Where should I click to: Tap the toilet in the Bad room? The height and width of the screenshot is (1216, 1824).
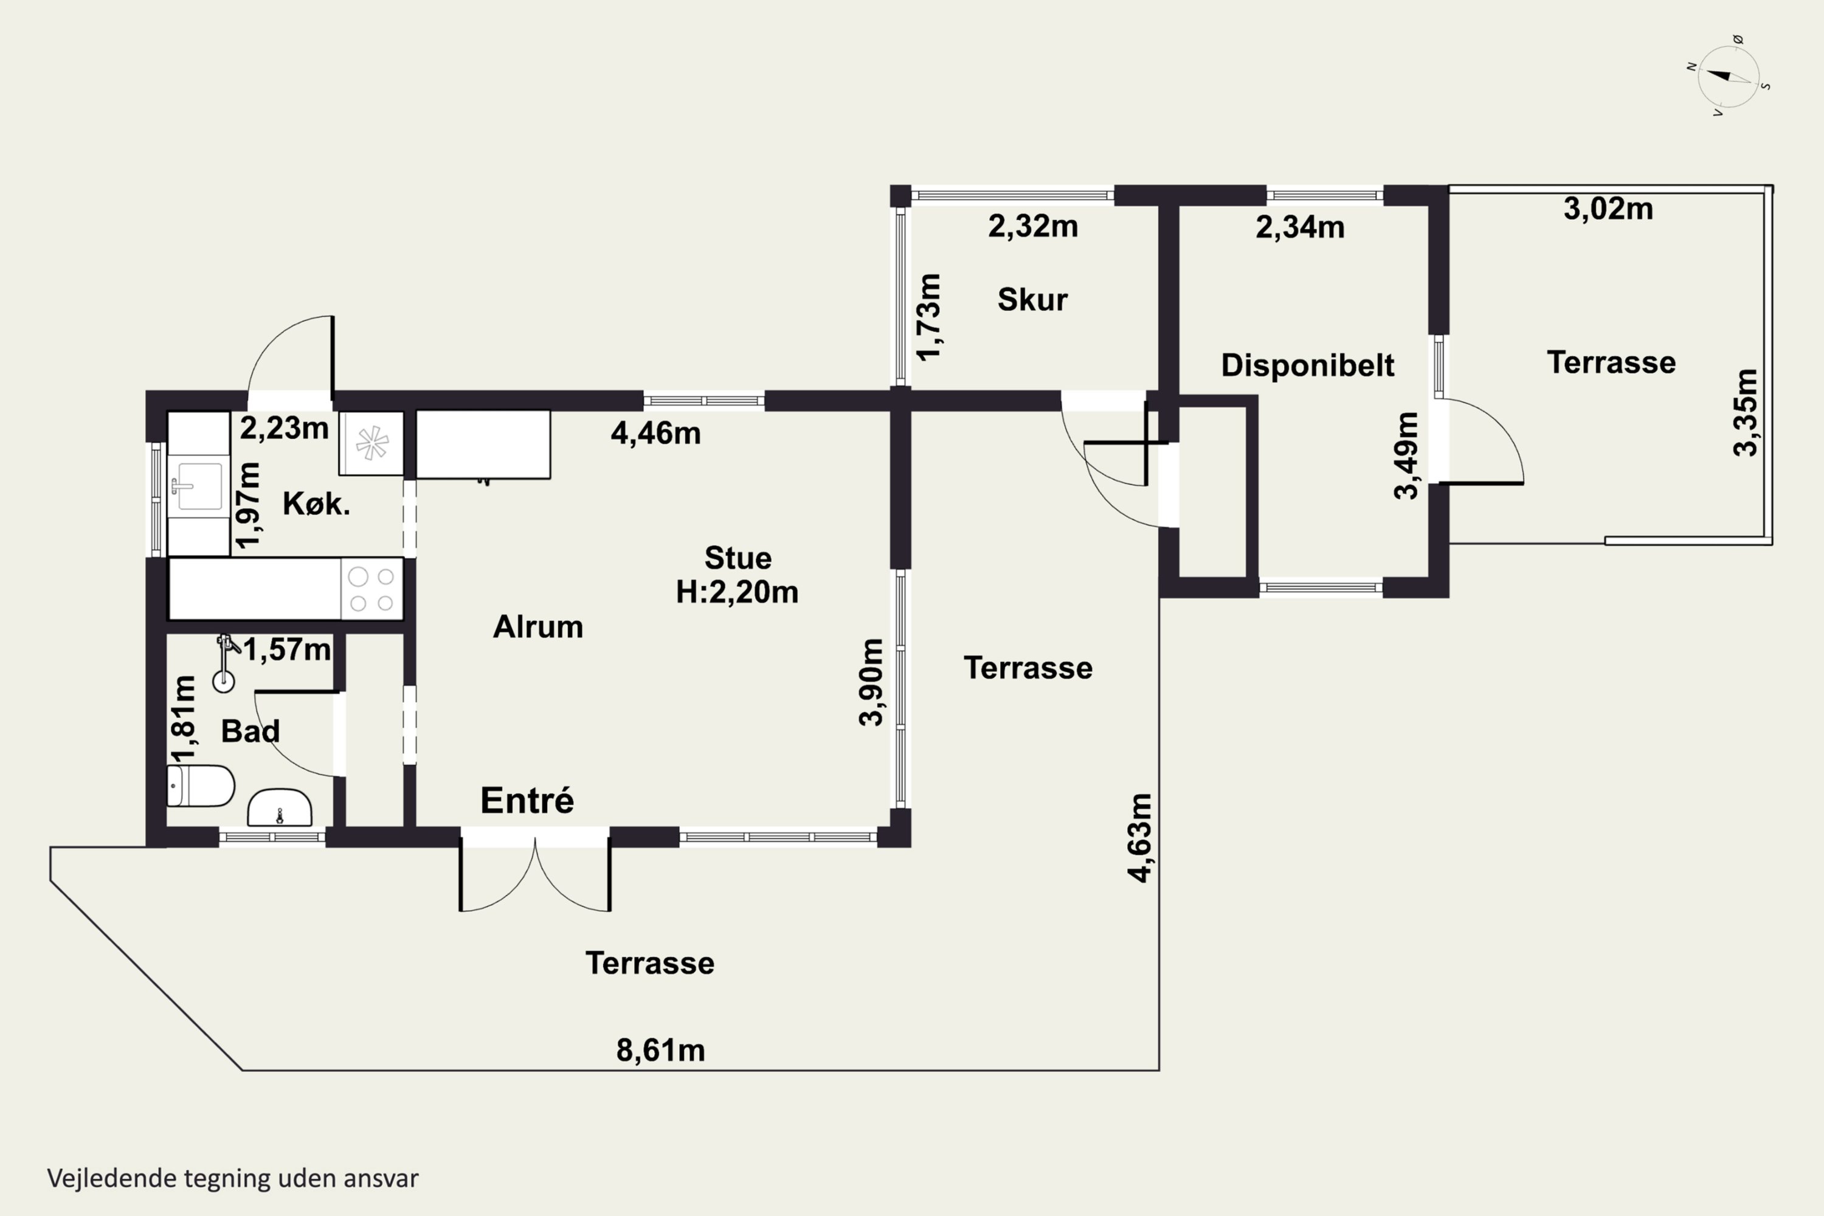click(200, 786)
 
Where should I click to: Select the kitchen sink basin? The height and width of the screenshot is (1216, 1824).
click(200, 486)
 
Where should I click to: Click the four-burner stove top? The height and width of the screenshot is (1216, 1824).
click(371, 589)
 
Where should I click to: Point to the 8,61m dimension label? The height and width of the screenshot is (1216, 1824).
click(661, 1050)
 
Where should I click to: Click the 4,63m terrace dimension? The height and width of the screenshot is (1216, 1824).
click(1139, 838)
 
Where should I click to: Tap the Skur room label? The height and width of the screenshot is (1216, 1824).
click(1032, 299)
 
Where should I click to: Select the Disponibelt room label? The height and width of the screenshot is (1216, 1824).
click(1308, 364)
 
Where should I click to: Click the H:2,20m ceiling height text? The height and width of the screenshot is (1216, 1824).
click(737, 592)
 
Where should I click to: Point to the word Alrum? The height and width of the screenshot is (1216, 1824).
click(538, 627)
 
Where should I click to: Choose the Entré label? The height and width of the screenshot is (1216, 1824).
click(527, 800)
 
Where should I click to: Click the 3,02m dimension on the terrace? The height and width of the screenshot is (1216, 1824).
click(1608, 209)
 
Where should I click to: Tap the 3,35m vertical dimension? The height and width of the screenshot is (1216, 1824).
click(1745, 413)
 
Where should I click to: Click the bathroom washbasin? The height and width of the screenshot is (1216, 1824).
click(279, 808)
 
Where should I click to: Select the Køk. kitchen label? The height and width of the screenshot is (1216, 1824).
click(316, 504)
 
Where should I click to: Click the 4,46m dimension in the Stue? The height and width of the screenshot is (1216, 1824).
click(656, 434)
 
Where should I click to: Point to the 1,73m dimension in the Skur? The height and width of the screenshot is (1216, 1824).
click(928, 316)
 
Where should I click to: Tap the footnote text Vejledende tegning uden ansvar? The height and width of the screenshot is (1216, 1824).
click(233, 1178)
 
